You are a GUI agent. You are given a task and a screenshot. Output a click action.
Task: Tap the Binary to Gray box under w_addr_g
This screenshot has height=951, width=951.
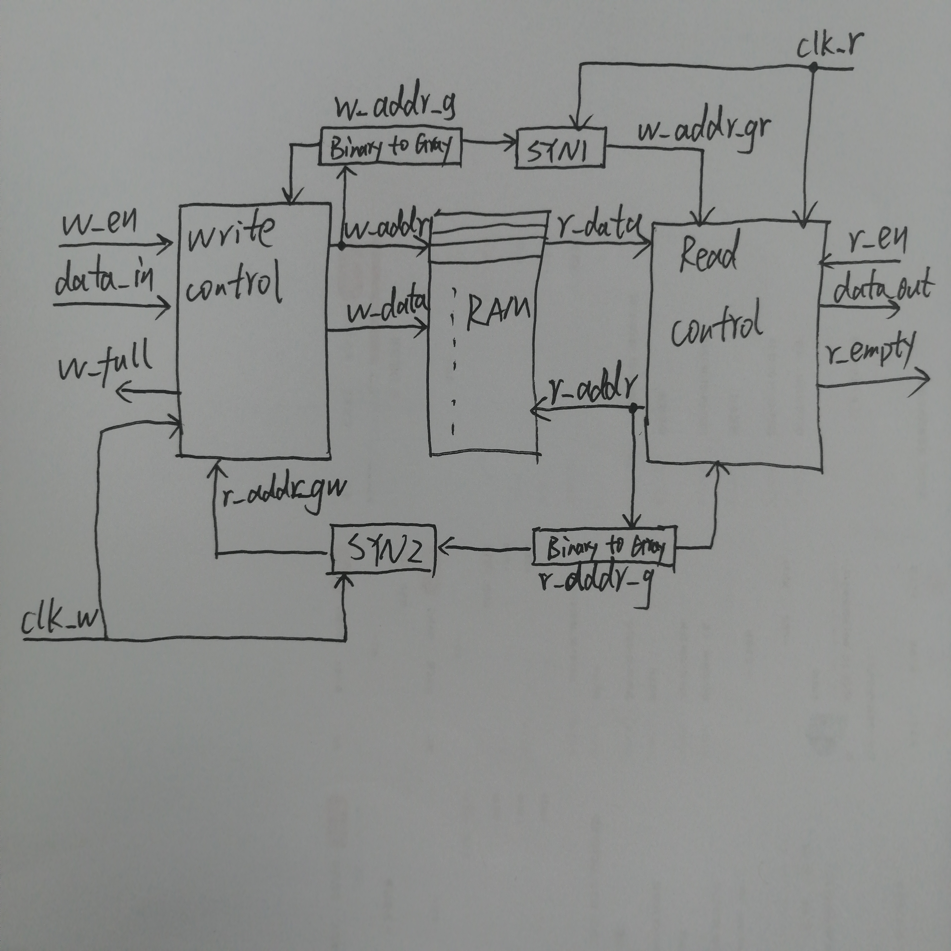[390, 146]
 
